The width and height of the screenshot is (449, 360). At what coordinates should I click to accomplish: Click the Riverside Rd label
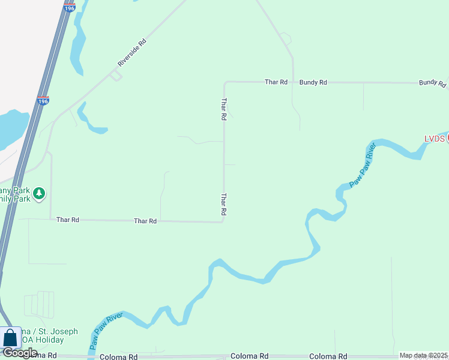(131, 53)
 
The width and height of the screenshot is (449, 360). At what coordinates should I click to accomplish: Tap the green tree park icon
(39, 193)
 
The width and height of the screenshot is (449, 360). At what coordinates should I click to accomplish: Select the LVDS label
(434, 139)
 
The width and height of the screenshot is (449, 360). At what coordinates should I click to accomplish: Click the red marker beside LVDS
(447, 137)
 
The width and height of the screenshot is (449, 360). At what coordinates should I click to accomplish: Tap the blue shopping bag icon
(10, 337)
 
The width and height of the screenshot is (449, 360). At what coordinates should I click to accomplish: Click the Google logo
(20, 353)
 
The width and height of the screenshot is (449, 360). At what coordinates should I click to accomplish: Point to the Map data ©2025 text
(424, 355)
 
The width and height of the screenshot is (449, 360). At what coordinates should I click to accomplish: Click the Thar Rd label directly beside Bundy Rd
(276, 82)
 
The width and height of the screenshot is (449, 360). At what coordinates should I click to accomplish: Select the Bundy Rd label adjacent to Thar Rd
(313, 82)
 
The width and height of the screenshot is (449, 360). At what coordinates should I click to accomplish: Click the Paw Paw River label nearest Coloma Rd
(106, 331)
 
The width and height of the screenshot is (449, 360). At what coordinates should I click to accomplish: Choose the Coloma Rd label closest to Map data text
(328, 356)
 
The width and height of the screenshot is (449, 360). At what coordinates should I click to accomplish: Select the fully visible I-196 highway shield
(43, 101)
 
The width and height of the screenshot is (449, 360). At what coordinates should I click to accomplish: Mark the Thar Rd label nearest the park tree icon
(68, 220)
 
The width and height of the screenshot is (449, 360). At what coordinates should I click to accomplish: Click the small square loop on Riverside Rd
(115, 75)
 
